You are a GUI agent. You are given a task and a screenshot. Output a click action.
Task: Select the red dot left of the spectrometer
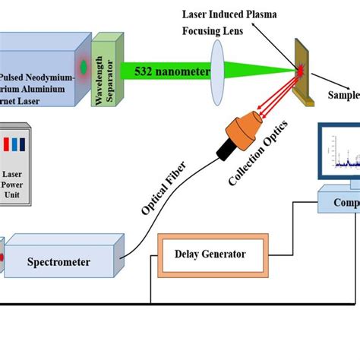point(2,257)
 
